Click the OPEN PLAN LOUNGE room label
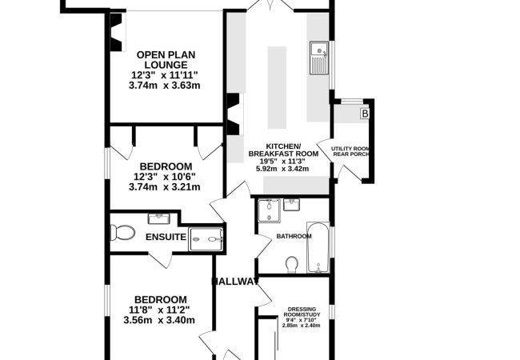pyautogui.click(x=166, y=60)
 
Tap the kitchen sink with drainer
pyautogui.click(x=319, y=58)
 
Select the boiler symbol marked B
pyautogui.click(x=365, y=114)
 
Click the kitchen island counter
pyautogui.click(x=277, y=87)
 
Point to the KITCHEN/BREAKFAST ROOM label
pyautogui.click(x=283, y=150)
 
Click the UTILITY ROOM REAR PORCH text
pyautogui.click(x=350, y=151)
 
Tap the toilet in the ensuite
pyautogui.click(x=122, y=232)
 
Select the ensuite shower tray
pyautogui.click(x=206, y=239)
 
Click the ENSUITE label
pyautogui.click(x=166, y=237)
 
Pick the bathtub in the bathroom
pyautogui.click(x=318, y=247)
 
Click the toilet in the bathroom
pyautogui.click(x=291, y=265)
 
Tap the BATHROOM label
pyautogui.click(x=294, y=236)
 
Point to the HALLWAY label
pyautogui.click(x=234, y=282)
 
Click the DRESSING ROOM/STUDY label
pyautogui.click(x=302, y=312)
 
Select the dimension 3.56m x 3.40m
pyautogui.click(x=159, y=320)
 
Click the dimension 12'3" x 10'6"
pyautogui.click(x=165, y=176)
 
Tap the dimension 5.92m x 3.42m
pyautogui.click(x=282, y=169)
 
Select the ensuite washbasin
pyautogui.click(x=159, y=218)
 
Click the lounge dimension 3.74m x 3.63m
pyautogui.click(x=165, y=85)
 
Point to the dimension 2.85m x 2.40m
pyautogui.click(x=301, y=326)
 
